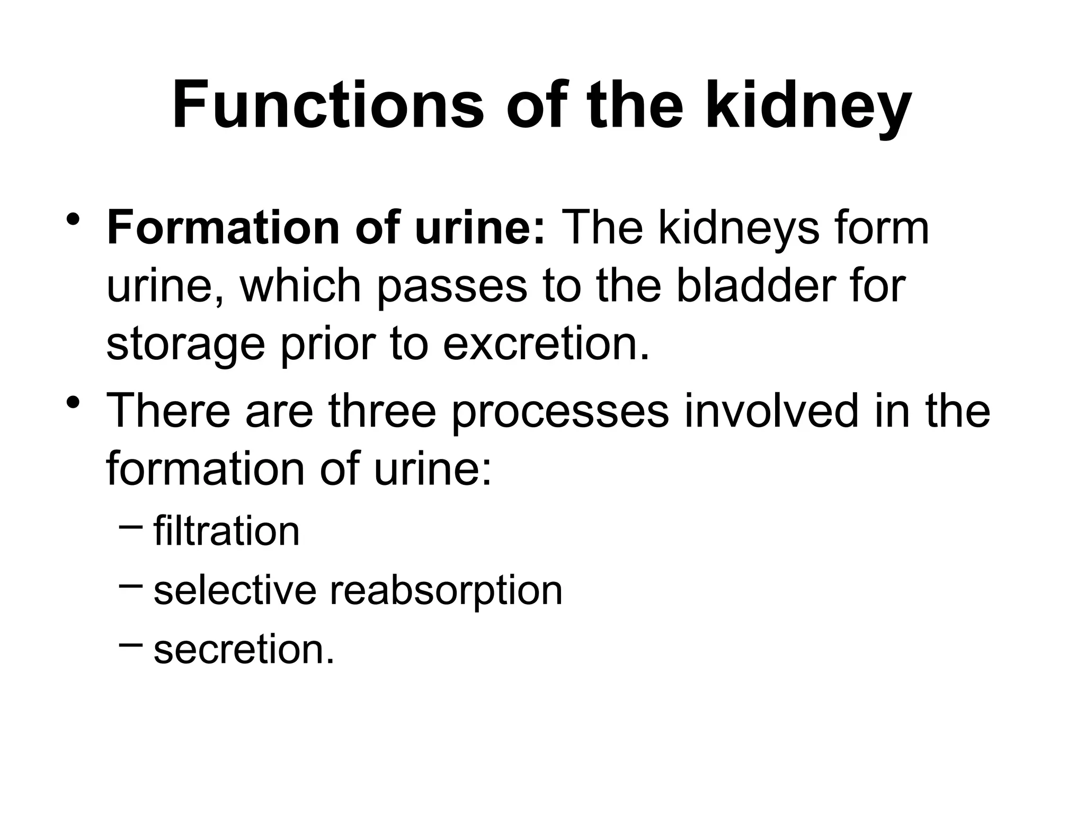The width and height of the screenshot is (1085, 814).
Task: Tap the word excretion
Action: coord(546,344)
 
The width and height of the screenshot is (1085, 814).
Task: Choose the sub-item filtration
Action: coord(227,531)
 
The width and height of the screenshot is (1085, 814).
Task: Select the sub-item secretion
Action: coord(244,650)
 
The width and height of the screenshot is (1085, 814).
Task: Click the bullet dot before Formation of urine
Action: coord(74,219)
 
